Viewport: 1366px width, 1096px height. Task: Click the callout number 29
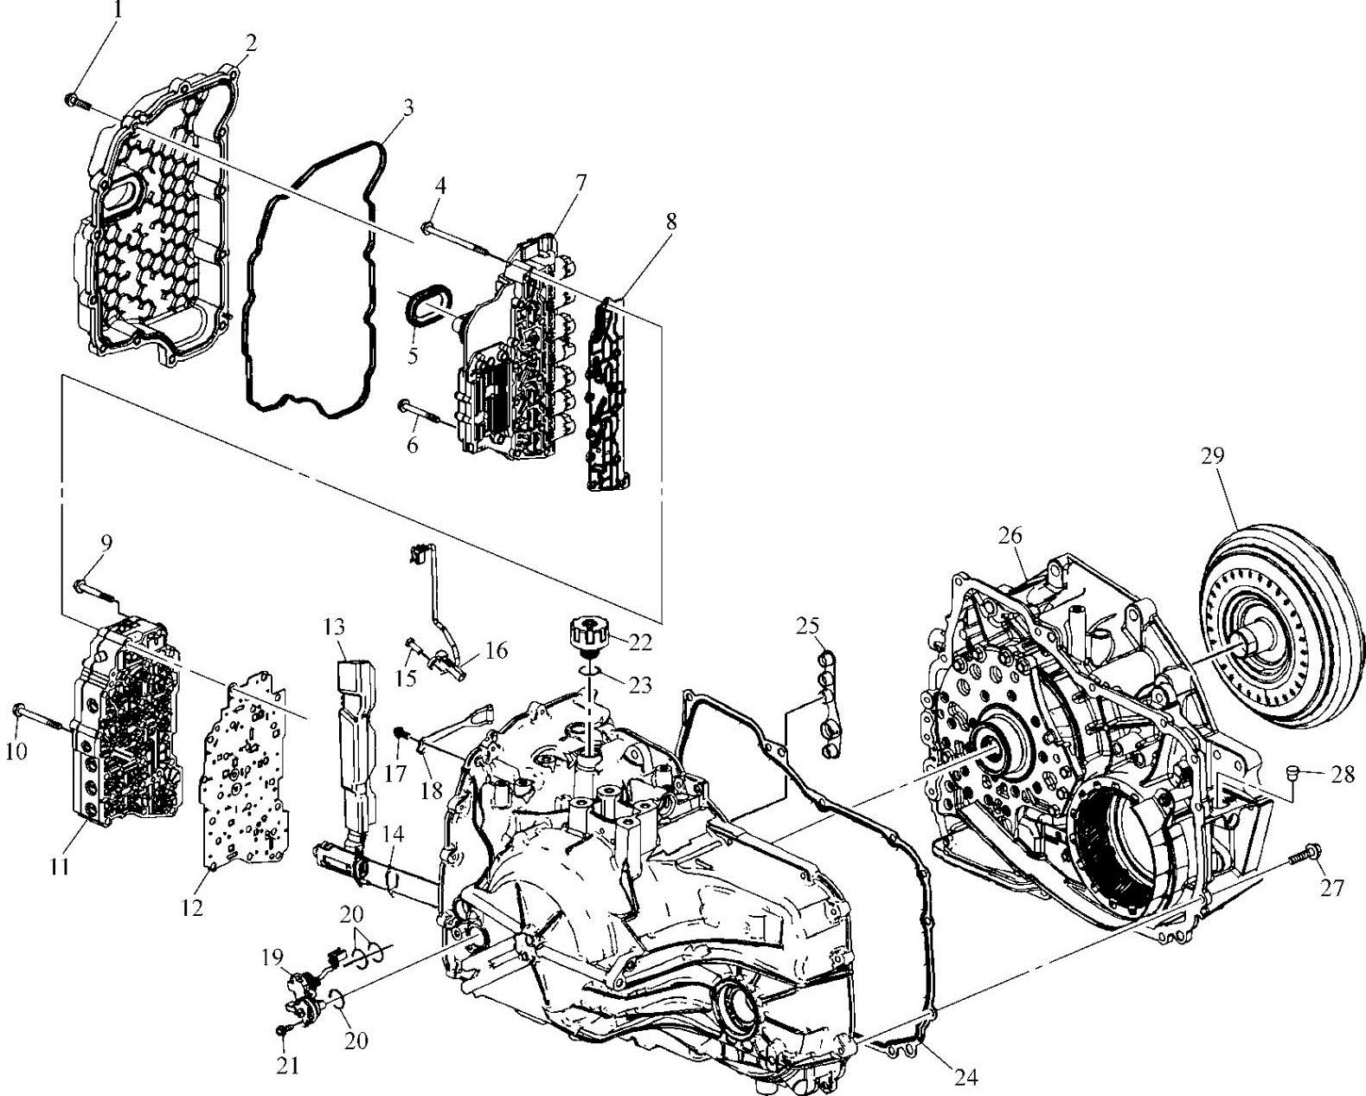(x=1212, y=456)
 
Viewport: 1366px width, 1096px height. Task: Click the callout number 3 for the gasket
(x=407, y=108)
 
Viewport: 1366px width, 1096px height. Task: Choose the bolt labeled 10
(x=39, y=715)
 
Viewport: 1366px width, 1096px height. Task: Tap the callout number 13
(x=335, y=625)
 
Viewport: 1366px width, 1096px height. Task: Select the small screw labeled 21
(x=284, y=1031)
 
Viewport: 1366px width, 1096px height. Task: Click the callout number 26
(x=1009, y=537)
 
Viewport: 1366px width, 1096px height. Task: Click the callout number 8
(x=670, y=221)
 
